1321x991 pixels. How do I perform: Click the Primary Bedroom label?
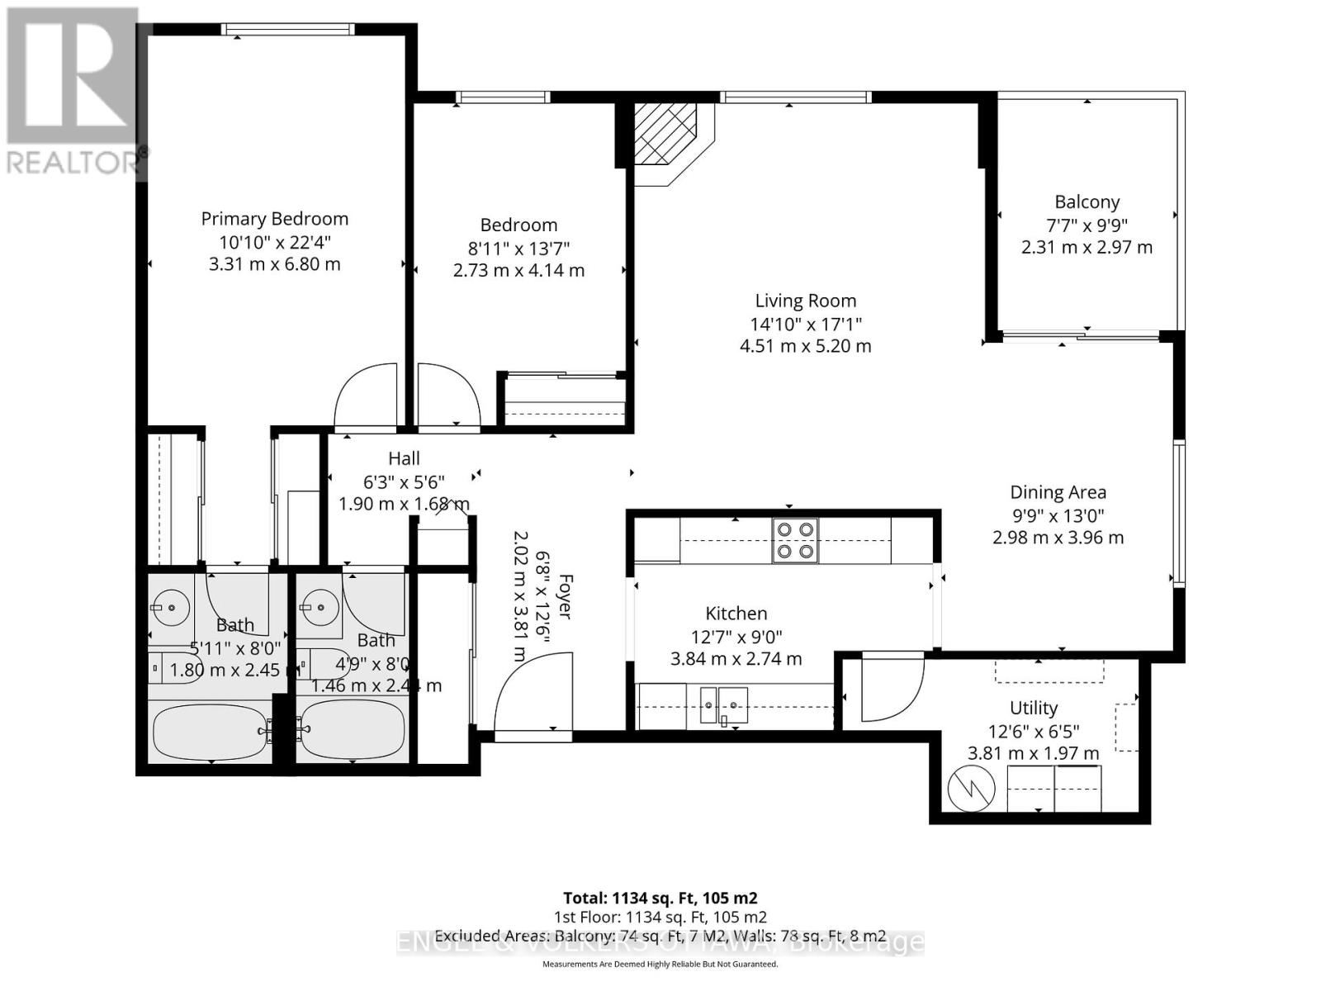click(274, 219)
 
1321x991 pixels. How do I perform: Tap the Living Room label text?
click(805, 301)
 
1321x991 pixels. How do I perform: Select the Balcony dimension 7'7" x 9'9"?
click(1087, 225)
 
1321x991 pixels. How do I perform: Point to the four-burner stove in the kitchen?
click(795, 541)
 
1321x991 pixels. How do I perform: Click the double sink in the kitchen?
click(723, 705)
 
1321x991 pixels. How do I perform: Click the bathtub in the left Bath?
click(210, 731)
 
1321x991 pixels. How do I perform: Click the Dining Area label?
click(1058, 493)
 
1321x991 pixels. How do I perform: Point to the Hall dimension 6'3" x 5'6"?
click(404, 481)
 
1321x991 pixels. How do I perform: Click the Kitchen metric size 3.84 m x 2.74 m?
click(736, 659)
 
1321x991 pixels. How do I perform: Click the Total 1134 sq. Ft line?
click(660, 898)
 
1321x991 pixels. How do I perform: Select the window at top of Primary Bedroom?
click(289, 29)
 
